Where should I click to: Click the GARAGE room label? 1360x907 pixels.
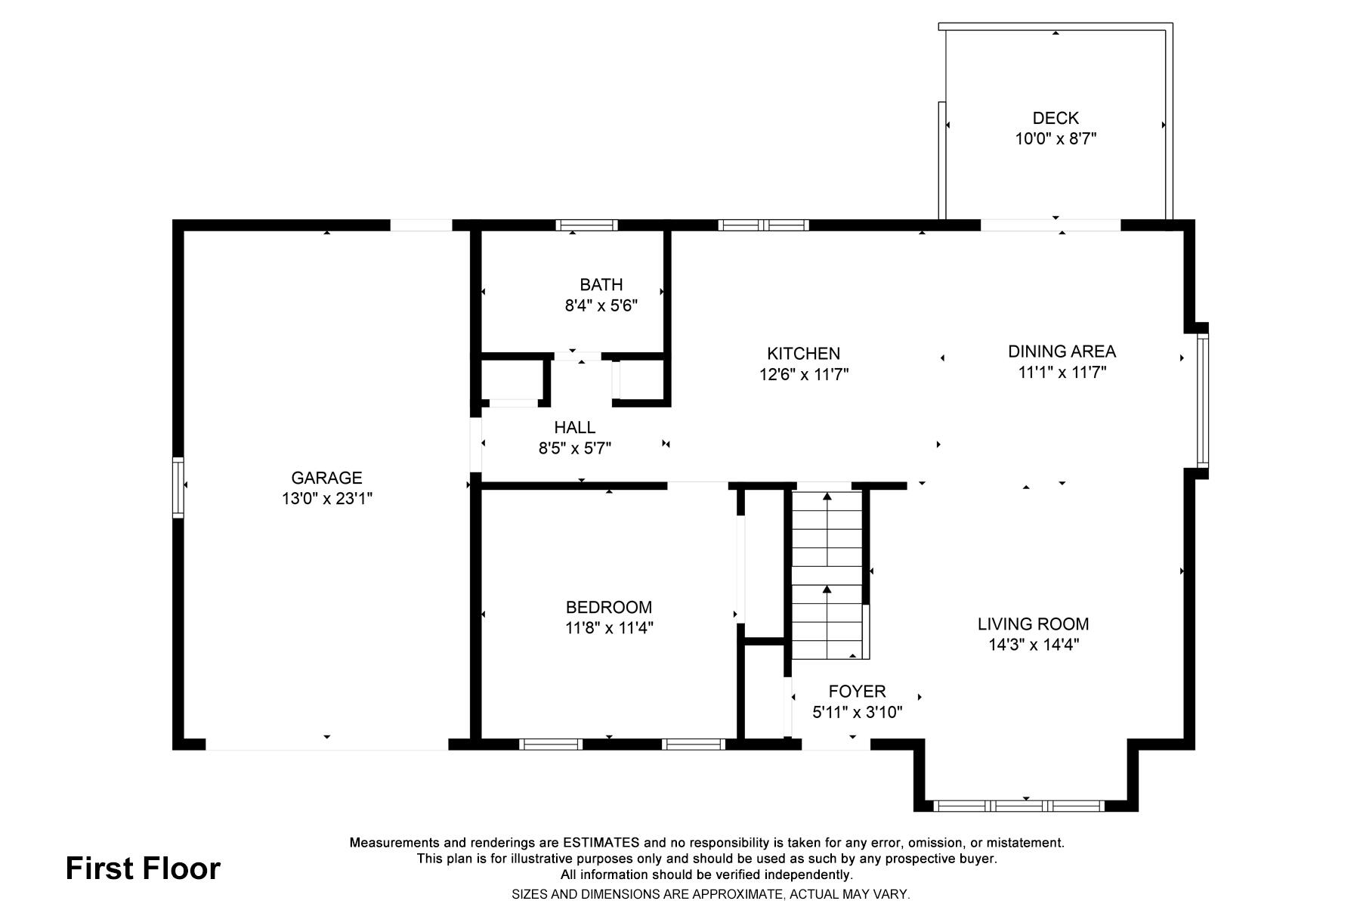326,478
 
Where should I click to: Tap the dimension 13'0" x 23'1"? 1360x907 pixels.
326,499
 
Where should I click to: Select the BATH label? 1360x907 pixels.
601,285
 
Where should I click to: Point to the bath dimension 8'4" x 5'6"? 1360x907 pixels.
601,306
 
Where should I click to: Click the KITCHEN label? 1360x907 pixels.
803,354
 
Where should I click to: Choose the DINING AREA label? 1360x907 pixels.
1062,351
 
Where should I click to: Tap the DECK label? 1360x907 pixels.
1056,118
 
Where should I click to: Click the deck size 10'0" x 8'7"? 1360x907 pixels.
1056,139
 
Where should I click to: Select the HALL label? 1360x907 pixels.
574,428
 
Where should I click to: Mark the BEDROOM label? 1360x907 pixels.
608,607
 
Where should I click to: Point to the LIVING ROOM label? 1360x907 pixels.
1033,624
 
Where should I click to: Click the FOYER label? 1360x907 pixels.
857,692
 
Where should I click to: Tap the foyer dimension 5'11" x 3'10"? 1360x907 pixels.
857,712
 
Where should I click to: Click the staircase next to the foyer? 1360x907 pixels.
827,574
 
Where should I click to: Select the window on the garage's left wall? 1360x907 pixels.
178,488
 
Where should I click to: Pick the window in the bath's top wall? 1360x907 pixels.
586,225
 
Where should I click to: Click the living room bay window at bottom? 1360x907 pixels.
1019,806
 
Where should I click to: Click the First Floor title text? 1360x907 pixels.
143,869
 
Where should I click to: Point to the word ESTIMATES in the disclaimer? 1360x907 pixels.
601,843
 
